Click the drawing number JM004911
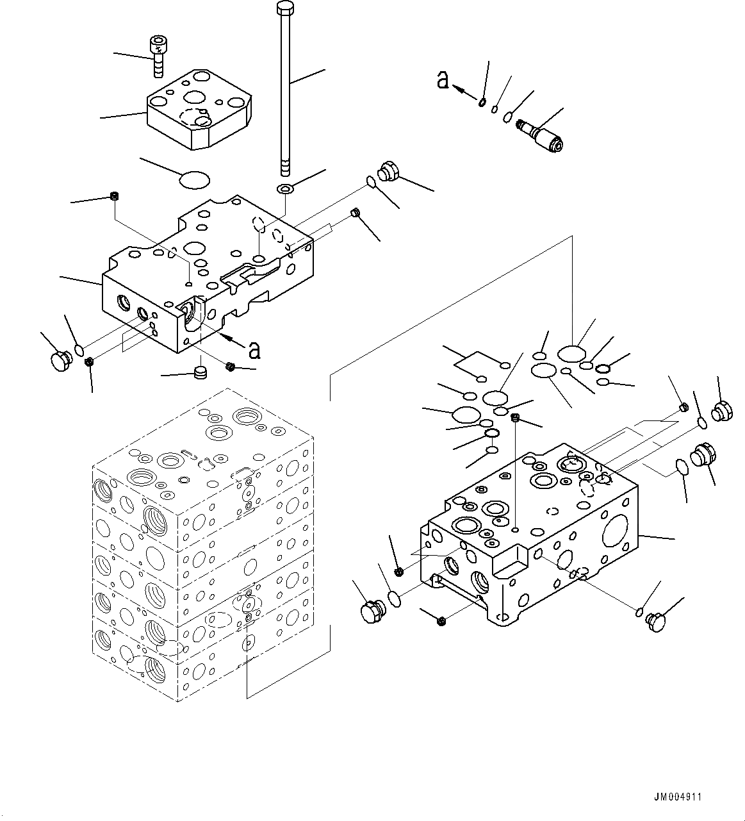pos(678,797)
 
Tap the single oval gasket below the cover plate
pos(194,179)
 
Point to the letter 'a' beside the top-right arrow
pos(443,80)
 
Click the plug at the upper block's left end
pos(60,359)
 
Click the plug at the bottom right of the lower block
pos(657,621)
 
